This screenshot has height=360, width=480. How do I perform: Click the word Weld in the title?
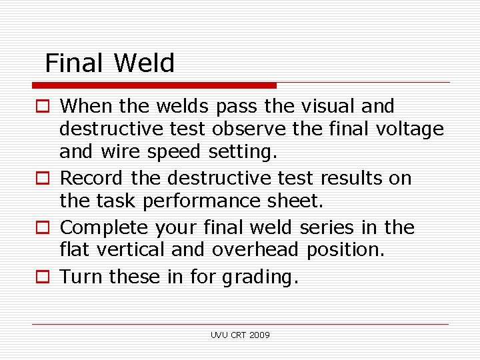click(144, 63)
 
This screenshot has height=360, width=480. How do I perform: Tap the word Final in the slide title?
click(74, 63)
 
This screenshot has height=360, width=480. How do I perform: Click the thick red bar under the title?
click(154, 85)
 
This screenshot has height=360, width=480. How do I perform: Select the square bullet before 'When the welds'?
click(42, 107)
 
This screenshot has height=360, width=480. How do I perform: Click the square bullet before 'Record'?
click(42, 179)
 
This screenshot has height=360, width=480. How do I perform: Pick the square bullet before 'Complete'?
click(42, 228)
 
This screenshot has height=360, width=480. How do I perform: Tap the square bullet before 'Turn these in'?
click(42, 277)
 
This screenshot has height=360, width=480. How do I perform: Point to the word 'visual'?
click(329, 106)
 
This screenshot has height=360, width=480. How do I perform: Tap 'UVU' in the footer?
click(219, 335)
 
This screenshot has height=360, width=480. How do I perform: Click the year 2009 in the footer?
click(259, 335)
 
